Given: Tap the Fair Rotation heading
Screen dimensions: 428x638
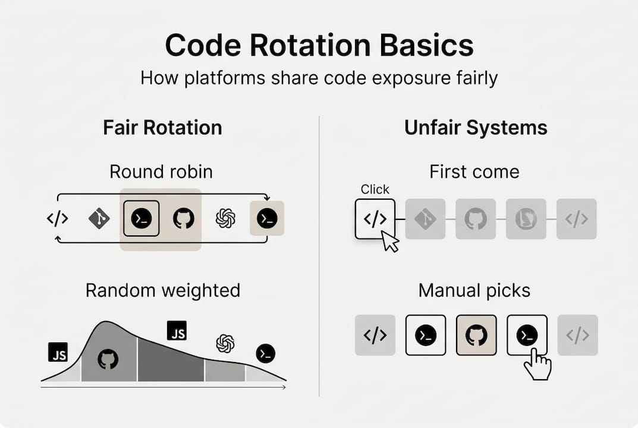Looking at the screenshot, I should point(162,128).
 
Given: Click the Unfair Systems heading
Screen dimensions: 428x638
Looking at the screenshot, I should point(476,128).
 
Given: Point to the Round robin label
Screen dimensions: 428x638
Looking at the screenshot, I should point(161,172).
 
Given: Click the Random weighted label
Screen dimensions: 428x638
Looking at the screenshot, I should point(163,290).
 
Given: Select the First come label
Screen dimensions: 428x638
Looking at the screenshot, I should point(474,172).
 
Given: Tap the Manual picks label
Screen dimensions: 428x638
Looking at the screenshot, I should point(474,290).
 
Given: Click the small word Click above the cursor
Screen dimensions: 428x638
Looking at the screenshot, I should point(375,190).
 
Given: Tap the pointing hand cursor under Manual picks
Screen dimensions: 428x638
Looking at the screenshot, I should point(537,364).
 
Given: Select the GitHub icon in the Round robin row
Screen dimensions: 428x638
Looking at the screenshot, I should point(183,219).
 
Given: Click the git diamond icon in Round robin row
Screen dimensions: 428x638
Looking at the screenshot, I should point(99,219).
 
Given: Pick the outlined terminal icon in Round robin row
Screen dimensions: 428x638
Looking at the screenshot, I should point(141,219).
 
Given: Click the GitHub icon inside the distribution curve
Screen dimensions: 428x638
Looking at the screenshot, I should point(108,358).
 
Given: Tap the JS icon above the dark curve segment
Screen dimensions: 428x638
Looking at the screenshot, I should point(177,331).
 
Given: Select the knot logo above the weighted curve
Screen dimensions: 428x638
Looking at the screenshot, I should point(225,343).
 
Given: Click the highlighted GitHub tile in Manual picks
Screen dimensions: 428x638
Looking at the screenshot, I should point(476,335).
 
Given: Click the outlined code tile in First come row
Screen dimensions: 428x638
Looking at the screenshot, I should point(375,219).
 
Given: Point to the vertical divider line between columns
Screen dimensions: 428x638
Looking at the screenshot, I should point(319,256).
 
